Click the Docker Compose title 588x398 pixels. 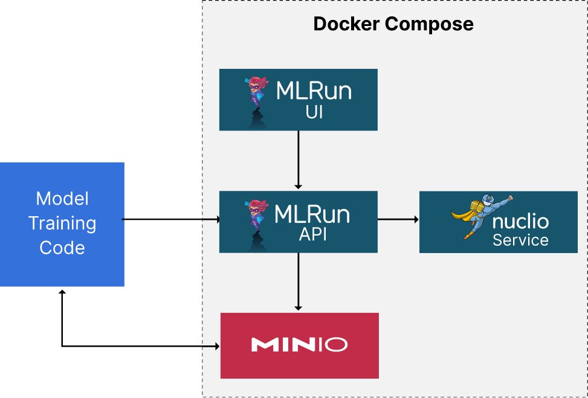[x=393, y=24]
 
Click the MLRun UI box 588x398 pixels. [x=298, y=100]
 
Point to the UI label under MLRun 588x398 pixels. [x=313, y=112]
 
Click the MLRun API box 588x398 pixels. [x=298, y=222]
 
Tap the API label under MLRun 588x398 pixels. [x=313, y=235]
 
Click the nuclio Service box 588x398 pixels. [x=498, y=222]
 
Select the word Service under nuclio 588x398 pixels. [x=520, y=240]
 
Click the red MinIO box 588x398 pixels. [x=299, y=345]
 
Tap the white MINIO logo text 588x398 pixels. [x=299, y=345]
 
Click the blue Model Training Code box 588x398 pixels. [x=62, y=223]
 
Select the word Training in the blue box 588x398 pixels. [x=62, y=223]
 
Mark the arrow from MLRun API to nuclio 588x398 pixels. [x=398, y=220]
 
